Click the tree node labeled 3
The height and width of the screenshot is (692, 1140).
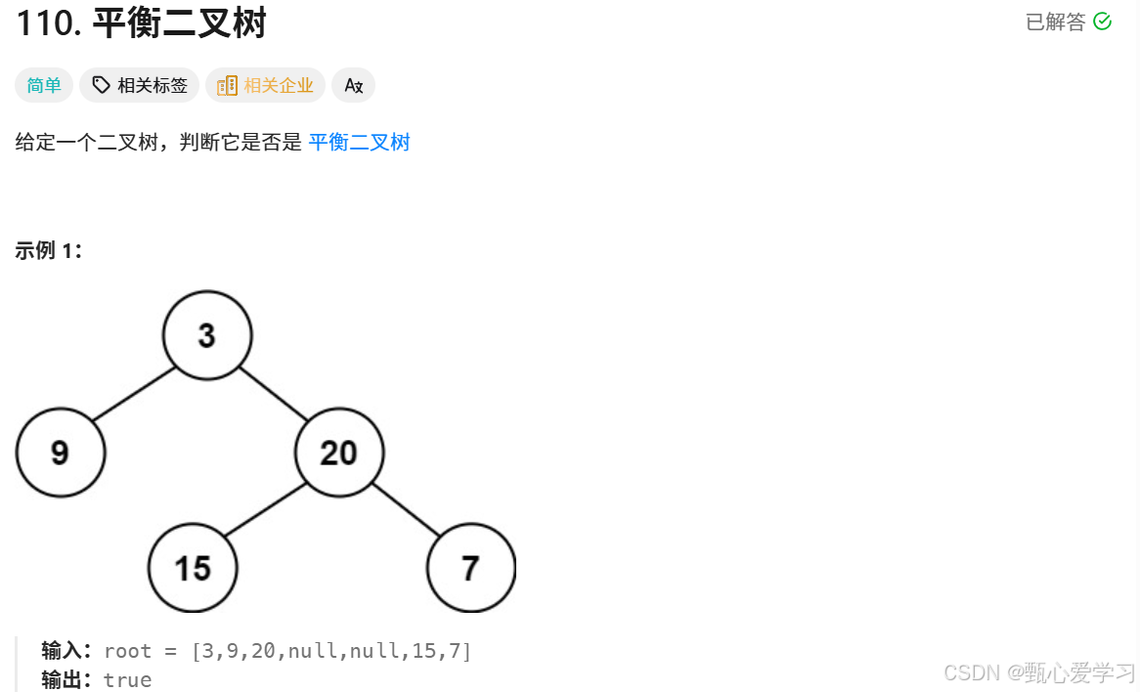207,335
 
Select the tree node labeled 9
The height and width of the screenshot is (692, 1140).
61,453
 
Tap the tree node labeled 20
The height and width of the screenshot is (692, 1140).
339,453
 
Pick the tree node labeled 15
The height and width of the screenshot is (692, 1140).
193,568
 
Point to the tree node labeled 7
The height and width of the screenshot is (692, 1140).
471,568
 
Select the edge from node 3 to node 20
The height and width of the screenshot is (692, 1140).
273,393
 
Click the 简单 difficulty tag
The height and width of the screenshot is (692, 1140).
44,86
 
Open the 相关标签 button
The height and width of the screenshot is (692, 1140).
140,86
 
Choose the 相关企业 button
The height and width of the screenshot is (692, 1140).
265,86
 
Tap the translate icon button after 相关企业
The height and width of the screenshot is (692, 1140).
353,86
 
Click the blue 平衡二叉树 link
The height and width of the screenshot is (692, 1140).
359,143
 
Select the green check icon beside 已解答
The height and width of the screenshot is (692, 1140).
1102,22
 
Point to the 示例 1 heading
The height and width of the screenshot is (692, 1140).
49,250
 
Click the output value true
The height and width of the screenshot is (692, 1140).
128,680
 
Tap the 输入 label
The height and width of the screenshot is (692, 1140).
65,651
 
